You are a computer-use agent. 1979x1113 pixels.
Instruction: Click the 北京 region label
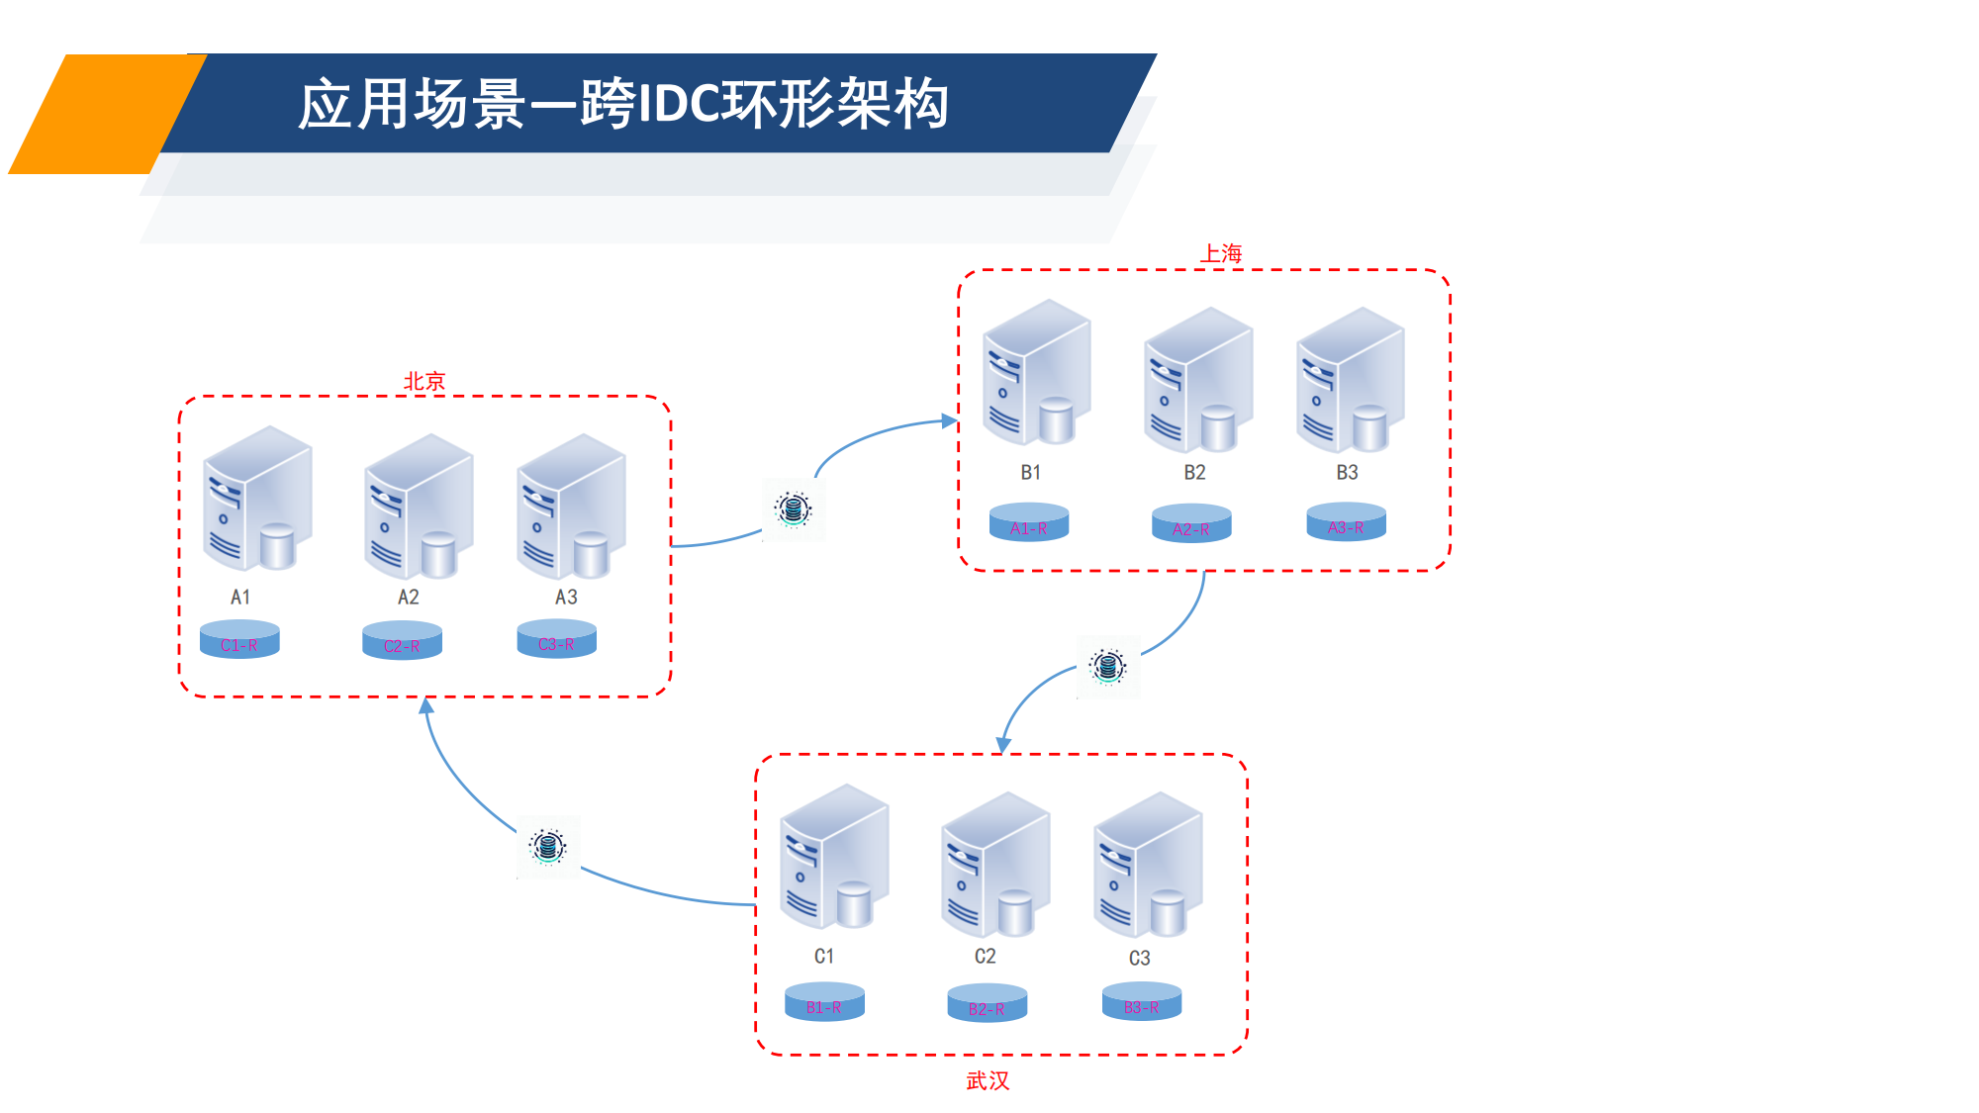pos(424,381)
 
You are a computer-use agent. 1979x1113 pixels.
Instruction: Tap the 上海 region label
pos(1221,253)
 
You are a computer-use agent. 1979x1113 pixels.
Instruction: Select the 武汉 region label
pos(988,1080)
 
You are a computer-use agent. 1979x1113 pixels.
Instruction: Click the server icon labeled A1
pos(256,499)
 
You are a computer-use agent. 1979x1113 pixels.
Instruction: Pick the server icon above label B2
pos(1197,380)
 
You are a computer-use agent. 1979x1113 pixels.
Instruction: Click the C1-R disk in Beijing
pos(239,640)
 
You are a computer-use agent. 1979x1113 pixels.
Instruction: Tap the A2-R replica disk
pos(1191,524)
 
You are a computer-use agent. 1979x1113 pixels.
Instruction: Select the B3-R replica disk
pos(1141,1002)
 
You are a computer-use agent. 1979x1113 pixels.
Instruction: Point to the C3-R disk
pos(556,639)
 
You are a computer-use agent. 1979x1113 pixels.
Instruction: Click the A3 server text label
pos(566,597)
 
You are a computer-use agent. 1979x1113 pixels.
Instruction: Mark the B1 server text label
pos(1030,472)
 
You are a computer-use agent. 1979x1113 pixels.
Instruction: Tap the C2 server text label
pos(985,956)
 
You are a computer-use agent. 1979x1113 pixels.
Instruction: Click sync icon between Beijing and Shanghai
pos(793,510)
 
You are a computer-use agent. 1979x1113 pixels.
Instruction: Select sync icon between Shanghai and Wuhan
pos(1107,666)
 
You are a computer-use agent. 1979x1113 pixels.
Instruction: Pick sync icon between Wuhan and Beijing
pos(548,847)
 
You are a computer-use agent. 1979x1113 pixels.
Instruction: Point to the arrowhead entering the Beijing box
pos(426,706)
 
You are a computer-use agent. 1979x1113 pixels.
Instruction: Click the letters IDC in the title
pos(680,104)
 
